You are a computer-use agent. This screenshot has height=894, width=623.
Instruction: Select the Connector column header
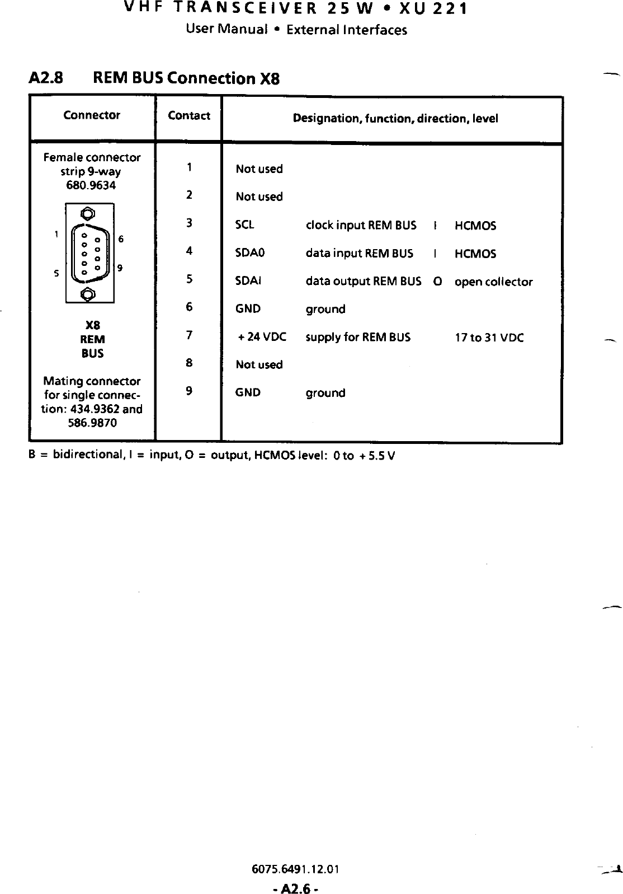tap(92, 115)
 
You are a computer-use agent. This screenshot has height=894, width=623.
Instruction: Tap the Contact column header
tap(189, 116)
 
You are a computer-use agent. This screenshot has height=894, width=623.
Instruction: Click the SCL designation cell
tap(245, 224)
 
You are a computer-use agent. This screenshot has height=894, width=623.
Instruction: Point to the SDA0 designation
tap(250, 253)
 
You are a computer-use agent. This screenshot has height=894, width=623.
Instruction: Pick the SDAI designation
tap(248, 281)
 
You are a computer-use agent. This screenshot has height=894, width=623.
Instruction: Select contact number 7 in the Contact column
tap(190, 335)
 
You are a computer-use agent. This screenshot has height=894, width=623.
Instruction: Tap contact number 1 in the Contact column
tap(190, 167)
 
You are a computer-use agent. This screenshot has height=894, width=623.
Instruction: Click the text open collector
tap(493, 282)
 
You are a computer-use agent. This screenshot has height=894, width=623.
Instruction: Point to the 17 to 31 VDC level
tap(489, 338)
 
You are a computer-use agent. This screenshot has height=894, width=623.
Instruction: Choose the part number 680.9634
tap(91, 185)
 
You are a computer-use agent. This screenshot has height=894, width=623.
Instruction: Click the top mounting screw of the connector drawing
tap(88, 213)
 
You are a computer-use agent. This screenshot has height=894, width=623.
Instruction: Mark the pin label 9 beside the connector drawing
tap(120, 268)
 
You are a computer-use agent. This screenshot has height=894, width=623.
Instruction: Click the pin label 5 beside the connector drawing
tap(56, 274)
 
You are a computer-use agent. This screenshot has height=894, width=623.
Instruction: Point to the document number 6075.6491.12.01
tap(295, 869)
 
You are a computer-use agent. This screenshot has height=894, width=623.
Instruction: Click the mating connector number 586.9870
tap(92, 423)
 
